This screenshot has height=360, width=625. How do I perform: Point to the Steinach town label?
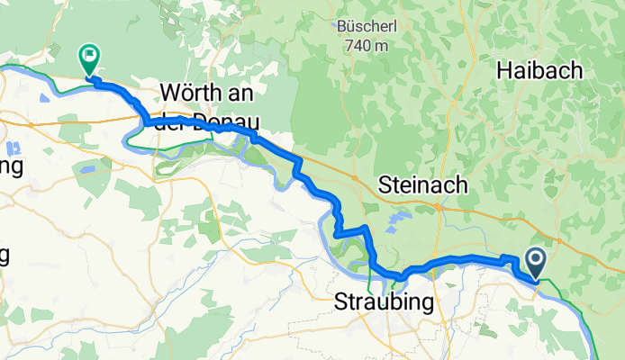coord(423,185)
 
